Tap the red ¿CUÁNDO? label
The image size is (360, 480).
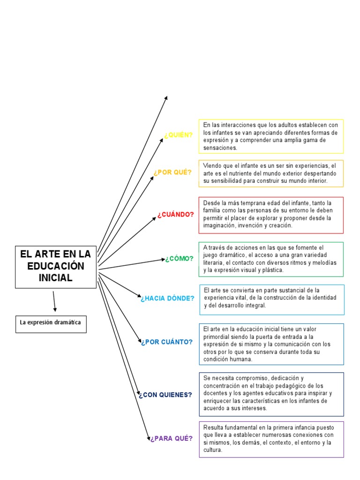176,215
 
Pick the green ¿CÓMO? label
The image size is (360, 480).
179,259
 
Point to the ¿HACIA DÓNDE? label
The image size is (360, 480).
167,298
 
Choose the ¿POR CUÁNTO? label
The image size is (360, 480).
166,342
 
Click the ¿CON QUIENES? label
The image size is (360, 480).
165,395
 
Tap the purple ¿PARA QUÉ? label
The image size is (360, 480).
171,439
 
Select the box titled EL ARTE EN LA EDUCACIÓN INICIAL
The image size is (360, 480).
56,266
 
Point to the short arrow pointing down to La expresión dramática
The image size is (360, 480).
54,301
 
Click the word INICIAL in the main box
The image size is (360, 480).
56,277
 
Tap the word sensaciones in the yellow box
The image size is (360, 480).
220,148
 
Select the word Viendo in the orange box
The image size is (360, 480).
212,166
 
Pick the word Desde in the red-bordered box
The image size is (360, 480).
212,203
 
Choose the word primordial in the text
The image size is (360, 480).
218,337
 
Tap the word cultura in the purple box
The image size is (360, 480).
212,450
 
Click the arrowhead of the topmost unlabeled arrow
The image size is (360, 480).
166,97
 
